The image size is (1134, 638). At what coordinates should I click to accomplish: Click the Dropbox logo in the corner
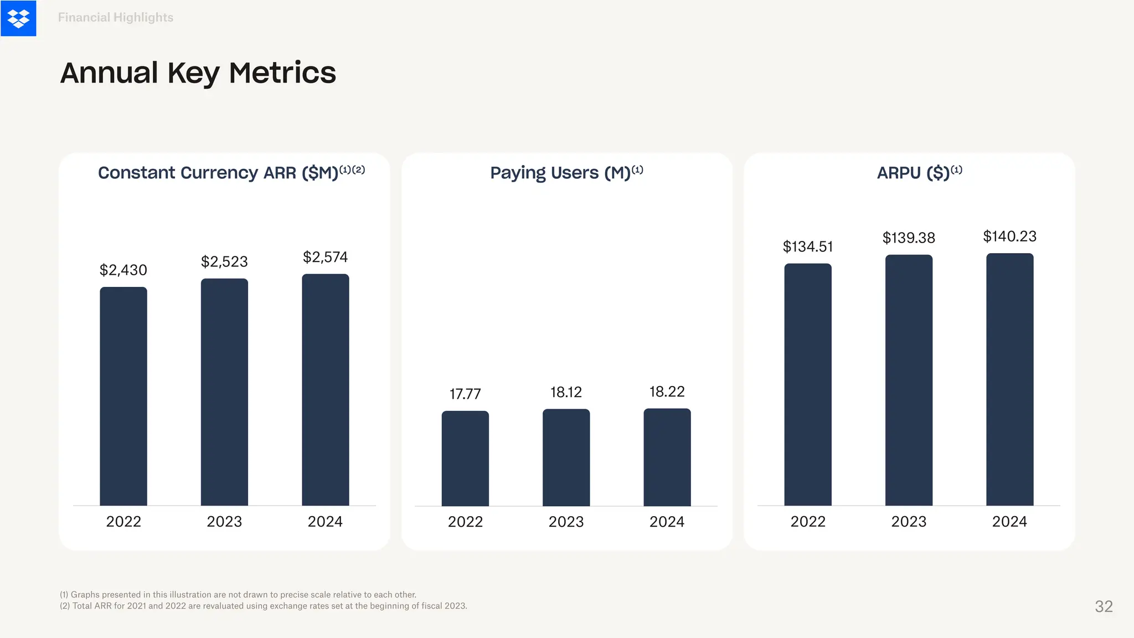(x=18, y=18)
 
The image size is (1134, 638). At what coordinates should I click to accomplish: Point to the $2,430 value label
(x=123, y=270)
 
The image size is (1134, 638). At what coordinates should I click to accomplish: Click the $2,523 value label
(x=224, y=261)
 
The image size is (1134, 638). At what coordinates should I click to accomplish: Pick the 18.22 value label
(x=667, y=392)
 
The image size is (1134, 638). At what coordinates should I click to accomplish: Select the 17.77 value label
(x=465, y=394)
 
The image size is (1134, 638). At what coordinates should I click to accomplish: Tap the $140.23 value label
(x=1009, y=236)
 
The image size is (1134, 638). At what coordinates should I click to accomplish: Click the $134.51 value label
(x=807, y=246)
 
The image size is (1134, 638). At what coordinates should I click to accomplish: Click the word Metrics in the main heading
(x=282, y=73)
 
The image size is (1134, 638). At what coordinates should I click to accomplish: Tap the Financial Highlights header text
(x=115, y=18)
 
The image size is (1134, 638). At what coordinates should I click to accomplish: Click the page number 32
(x=1104, y=606)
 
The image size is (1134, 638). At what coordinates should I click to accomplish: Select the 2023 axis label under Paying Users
(x=566, y=522)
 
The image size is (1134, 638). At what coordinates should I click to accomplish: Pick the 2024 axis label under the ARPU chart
(x=1009, y=522)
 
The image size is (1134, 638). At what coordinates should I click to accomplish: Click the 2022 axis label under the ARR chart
(x=123, y=522)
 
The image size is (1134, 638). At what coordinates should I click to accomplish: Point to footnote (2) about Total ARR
(x=263, y=606)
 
